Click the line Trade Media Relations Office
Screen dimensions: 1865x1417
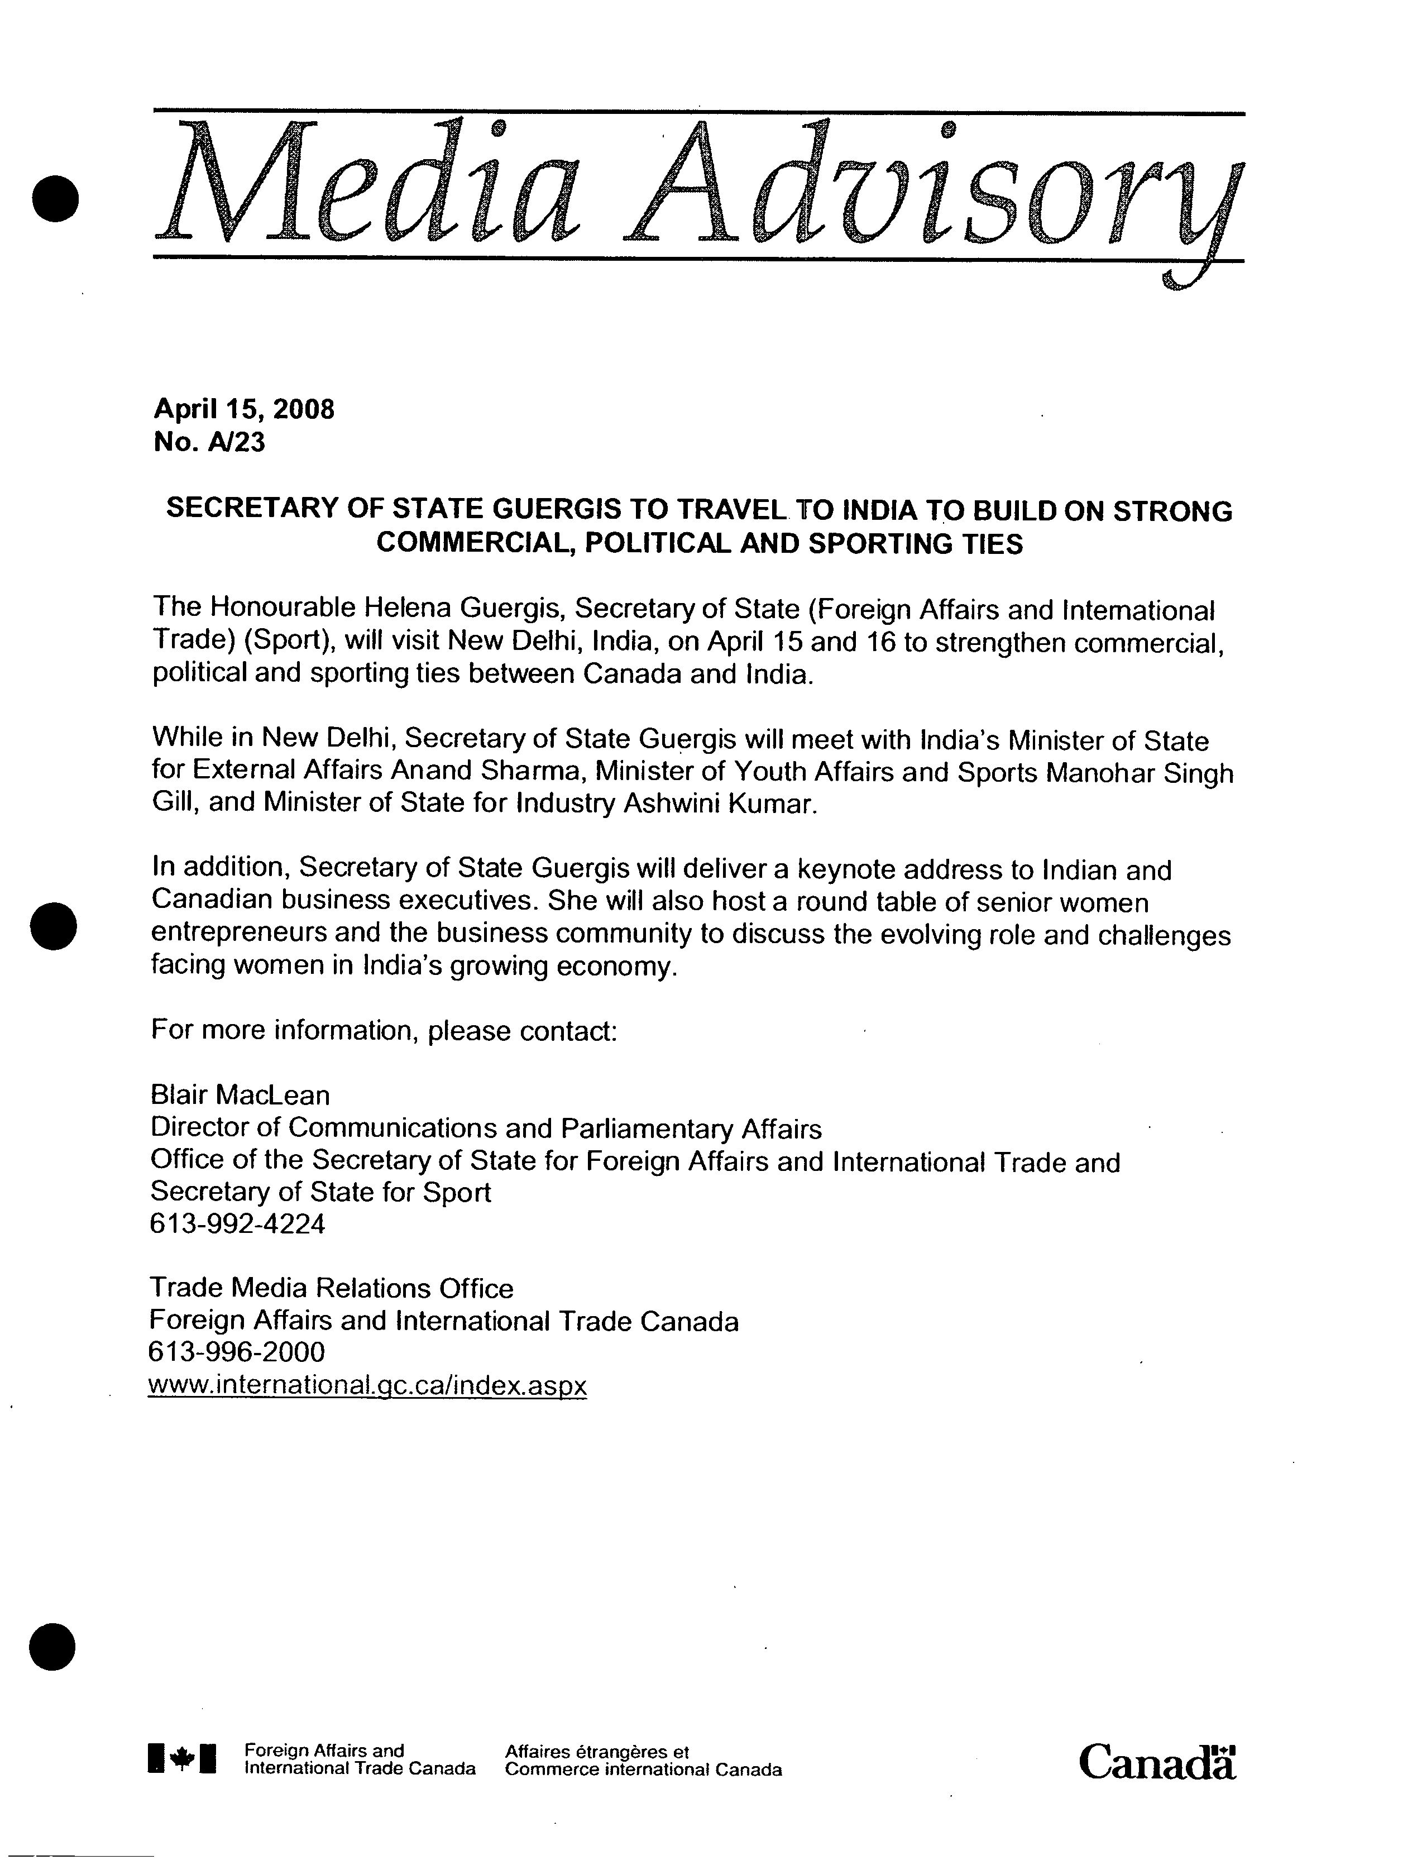(x=332, y=1288)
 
